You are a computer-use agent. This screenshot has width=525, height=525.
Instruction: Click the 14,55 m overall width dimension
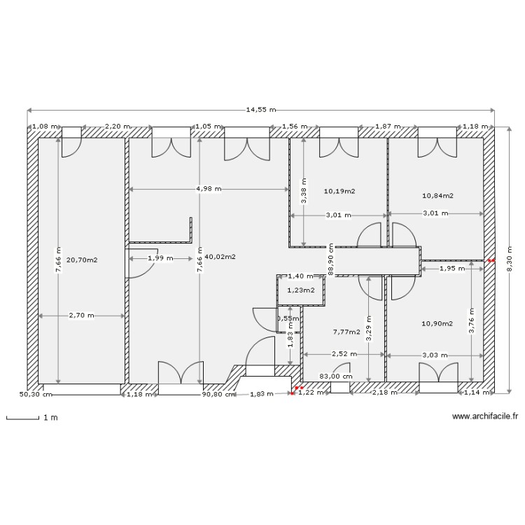pyautogui.click(x=260, y=110)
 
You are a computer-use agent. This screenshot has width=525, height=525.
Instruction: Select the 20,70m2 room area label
pyautogui.click(x=82, y=260)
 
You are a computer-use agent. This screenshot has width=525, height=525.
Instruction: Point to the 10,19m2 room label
pyautogui.click(x=339, y=190)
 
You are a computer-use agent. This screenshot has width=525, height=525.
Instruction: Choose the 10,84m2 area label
pyautogui.click(x=437, y=196)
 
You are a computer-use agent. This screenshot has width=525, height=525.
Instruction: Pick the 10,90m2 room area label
pyautogui.click(x=437, y=323)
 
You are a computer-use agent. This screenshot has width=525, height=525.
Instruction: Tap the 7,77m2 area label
pyautogui.click(x=346, y=332)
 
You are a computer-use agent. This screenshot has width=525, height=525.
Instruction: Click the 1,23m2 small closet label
pyautogui.click(x=301, y=290)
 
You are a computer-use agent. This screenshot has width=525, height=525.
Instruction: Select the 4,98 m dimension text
pyautogui.click(x=209, y=189)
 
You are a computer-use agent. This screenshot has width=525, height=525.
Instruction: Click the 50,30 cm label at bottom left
pyautogui.click(x=36, y=394)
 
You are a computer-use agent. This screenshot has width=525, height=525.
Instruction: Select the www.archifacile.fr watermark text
pyautogui.click(x=485, y=416)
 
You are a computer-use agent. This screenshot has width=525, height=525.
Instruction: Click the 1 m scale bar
pyautogui.click(x=31, y=419)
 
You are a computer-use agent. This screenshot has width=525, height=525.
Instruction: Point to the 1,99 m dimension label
pyautogui.click(x=160, y=258)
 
